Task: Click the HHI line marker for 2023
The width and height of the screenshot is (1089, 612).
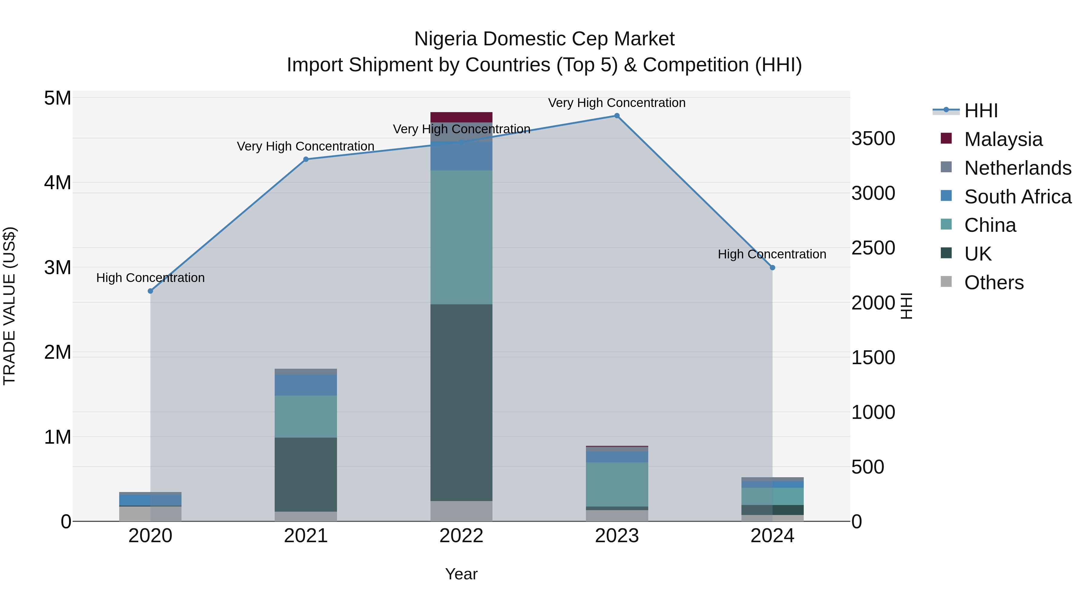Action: click(617, 116)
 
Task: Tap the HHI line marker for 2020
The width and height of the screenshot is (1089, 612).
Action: click(151, 291)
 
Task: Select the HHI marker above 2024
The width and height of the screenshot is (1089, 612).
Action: click(772, 267)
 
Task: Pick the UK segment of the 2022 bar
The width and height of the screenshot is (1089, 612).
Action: click(461, 403)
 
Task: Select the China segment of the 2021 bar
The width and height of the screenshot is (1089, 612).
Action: click(306, 416)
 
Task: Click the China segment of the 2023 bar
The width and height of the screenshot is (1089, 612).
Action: click(617, 484)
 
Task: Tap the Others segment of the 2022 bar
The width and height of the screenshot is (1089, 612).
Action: click(461, 511)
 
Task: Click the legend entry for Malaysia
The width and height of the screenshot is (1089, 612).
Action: click(1003, 139)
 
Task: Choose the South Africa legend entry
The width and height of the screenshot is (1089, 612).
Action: click(1017, 197)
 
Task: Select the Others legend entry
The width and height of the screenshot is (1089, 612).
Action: click(993, 283)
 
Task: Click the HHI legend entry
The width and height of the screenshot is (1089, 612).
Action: click(980, 111)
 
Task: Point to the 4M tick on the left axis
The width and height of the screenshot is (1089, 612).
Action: click(57, 183)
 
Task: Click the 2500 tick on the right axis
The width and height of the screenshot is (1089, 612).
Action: click(873, 248)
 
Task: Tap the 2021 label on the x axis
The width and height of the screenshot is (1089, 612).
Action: click(306, 536)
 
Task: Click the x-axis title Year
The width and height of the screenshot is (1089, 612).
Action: click(461, 574)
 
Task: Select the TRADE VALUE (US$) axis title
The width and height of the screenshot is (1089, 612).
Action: click(9, 306)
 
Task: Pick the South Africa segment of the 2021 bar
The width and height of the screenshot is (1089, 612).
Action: click(306, 385)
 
